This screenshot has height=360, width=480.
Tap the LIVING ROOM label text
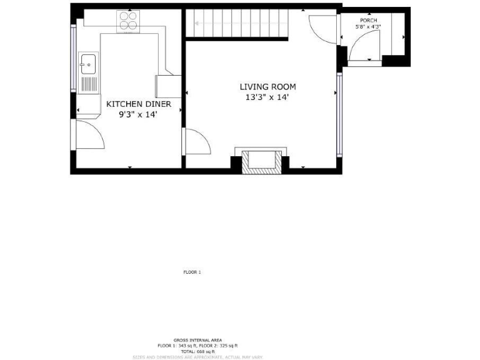point(267,87)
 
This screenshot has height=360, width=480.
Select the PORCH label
point(368,21)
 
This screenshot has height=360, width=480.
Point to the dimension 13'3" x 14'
point(267,97)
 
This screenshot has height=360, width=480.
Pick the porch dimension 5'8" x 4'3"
point(368,27)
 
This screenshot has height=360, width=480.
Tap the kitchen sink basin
point(87,63)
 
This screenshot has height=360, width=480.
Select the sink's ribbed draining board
point(89,83)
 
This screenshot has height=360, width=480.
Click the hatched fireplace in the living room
point(261,161)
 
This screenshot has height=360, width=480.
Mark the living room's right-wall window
point(339,115)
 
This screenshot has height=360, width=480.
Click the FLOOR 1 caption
point(192,272)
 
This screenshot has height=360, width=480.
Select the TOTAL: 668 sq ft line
point(197,351)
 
